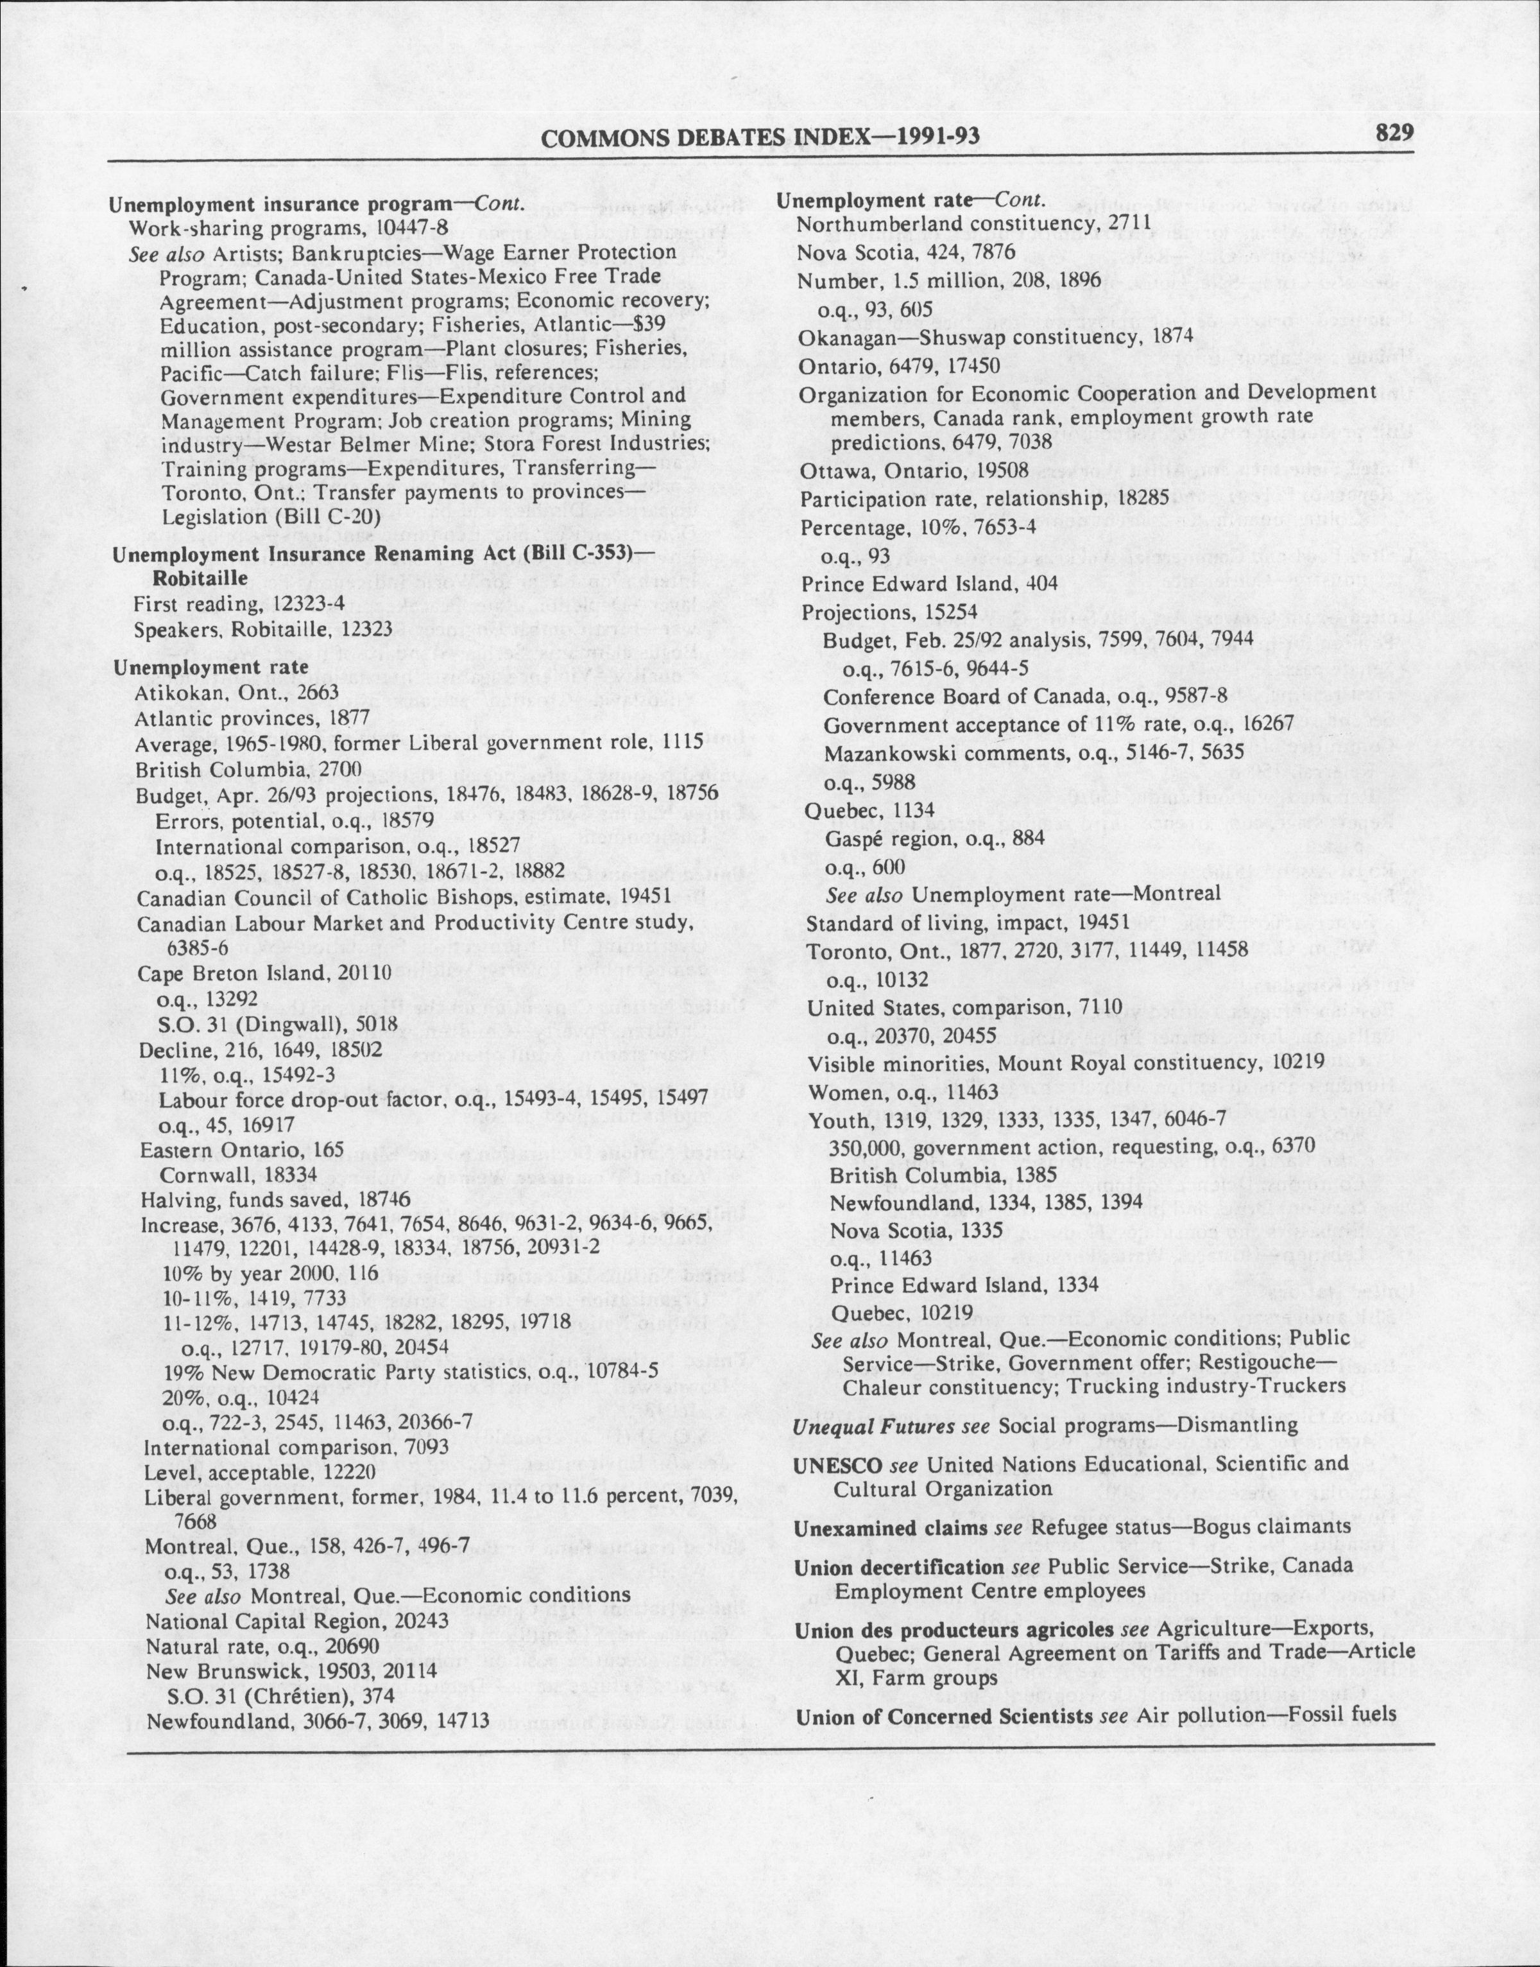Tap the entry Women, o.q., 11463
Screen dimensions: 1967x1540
click(903, 1093)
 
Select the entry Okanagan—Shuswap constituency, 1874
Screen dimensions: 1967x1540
click(995, 336)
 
